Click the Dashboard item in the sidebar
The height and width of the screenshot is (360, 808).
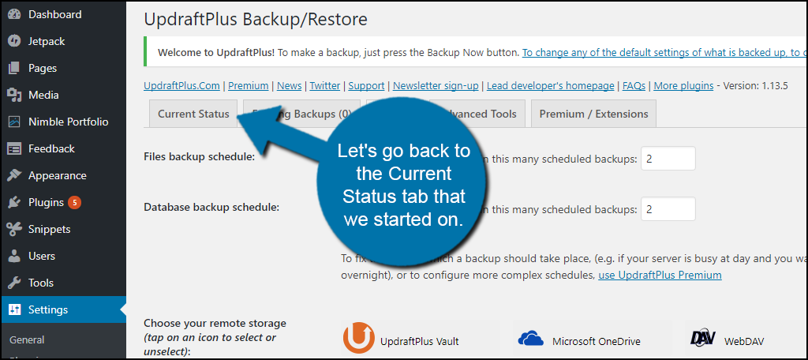pyautogui.click(x=54, y=14)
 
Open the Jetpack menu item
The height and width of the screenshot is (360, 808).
pyautogui.click(x=47, y=41)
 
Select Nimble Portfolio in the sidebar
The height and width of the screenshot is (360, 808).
pyautogui.click(x=68, y=122)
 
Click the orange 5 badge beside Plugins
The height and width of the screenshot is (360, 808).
pyautogui.click(x=75, y=202)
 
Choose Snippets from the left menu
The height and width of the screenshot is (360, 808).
pyautogui.click(x=49, y=229)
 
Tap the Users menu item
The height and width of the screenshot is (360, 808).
pyautogui.click(x=41, y=256)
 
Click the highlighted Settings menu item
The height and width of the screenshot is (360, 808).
pyautogui.click(x=48, y=309)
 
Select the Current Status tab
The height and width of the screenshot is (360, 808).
pyautogui.click(x=193, y=114)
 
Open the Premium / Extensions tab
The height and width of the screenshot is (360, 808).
pyautogui.click(x=593, y=114)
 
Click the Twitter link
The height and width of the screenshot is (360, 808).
pyautogui.click(x=324, y=85)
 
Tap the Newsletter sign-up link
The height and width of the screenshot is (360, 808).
pyautogui.click(x=436, y=85)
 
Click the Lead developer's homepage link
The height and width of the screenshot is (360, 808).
pyautogui.click(x=550, y=85)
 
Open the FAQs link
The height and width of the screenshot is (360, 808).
pyautogui.click(x=634, y=85)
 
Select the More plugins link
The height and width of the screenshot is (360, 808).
pyautogui.click(x=683, y=85)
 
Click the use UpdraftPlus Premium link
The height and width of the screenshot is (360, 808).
pyautogui.click(x=660, y=275)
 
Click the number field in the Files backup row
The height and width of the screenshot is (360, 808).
pyautogui.click(x=668, y=159)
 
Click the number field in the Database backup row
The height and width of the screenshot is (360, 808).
pyautogui.click(x=668, y=209)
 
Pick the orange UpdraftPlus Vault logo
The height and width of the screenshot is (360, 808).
pyautogui.click(x=359, y=339)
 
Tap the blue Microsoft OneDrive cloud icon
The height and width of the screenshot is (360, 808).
pyautogui.click(x=531, y=339)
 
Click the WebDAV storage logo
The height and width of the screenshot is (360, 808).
pyautogui.click(x=702, y=339)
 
